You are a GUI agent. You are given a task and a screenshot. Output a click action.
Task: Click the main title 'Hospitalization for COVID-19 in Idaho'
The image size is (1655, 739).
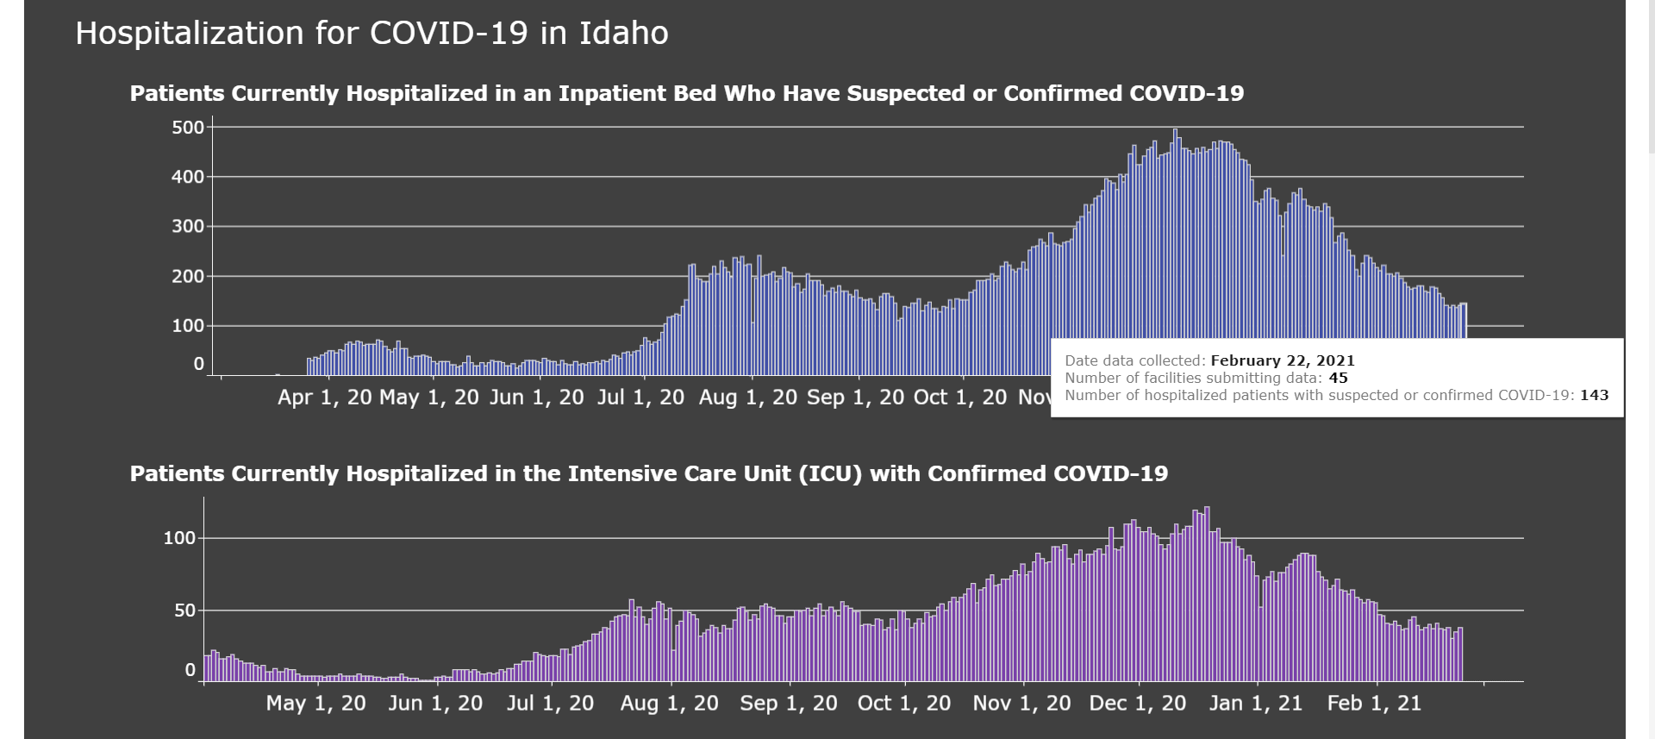click(x=372, y=34)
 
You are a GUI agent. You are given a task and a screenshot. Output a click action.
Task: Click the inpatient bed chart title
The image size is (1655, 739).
click(x=687, y=93)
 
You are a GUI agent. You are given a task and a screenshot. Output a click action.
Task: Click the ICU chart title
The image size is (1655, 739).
click(x=649, y=473)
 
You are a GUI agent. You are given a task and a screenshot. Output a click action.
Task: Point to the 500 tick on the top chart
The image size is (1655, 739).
click(x=188, y=128)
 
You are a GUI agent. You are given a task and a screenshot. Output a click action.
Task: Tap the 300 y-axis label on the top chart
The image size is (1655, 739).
click(x=188, y=227)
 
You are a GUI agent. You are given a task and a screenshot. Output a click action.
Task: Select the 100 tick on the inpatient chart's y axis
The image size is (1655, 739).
click(x=188, y=326)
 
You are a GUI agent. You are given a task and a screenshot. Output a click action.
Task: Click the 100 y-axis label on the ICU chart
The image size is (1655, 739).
click(x=180, y=538)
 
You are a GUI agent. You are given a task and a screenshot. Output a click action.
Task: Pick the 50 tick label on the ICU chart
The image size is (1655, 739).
click(x=185, y=611)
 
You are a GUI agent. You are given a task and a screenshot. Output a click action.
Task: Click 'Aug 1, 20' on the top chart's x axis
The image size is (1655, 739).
click(x=748, y=398)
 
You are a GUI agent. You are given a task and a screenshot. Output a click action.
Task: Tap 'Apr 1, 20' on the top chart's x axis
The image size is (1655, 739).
click(x=325, y=398)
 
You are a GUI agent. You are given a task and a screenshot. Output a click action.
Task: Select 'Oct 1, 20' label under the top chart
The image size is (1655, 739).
click(x=960, y=398)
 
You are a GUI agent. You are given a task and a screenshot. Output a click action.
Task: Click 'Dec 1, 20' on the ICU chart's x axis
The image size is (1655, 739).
click(x=1138, y=704)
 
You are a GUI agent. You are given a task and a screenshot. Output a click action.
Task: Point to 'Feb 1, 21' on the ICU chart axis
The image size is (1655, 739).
click(x=1374, y=704)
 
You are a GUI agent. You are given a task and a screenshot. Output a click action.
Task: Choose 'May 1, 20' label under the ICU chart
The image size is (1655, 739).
click(x=315, y=704)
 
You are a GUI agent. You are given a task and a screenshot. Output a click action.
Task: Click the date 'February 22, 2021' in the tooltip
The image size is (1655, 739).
click(x=1283, y=361)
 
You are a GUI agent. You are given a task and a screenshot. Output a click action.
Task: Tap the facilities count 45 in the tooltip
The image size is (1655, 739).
click(x=1338, y=378)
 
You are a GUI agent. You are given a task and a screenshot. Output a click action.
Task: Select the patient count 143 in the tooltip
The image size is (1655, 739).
click(x=1595, y=395)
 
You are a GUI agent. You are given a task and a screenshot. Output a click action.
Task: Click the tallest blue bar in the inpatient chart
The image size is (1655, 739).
click(x=1175, y=252)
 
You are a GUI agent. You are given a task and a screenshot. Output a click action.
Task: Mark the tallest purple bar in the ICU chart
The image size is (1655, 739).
click(x=1207, y=594)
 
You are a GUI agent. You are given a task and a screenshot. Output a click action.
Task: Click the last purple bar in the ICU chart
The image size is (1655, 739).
click(x=1460, y=654)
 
